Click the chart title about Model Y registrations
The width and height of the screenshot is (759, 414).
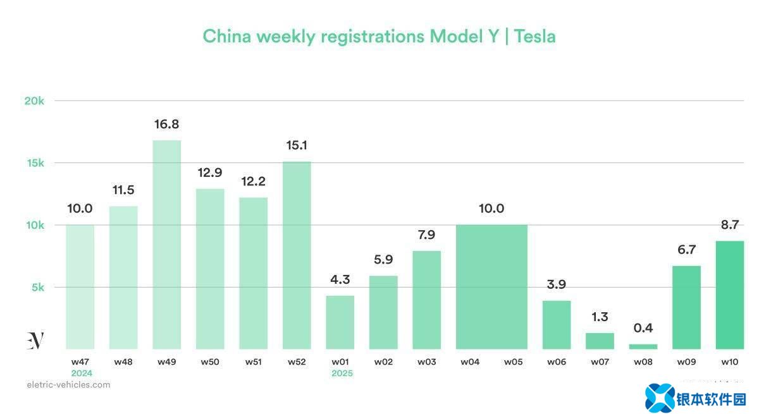[x=379, y=36]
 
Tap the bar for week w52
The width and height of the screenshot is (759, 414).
[x=297, y=255]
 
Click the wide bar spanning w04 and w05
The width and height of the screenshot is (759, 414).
[x=491, y=287]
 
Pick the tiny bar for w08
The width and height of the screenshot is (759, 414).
[x=643, y=346]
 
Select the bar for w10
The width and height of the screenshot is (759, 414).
[x=729, y=295]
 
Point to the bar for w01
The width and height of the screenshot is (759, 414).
[x=340, y=322]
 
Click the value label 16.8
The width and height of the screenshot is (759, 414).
[x=166, y=125]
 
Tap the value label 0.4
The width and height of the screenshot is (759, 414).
[x=643, y=328]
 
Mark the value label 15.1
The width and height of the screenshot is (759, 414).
[x=297, y=145]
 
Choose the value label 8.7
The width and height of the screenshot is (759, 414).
[x=729, y=224]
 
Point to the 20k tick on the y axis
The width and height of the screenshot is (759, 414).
[x=34, y=100]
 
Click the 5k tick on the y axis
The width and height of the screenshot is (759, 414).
[x=37, y=287]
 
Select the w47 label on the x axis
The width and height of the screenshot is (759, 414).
[x=80, y=362]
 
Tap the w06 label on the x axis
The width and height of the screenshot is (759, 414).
[x=557, y=362]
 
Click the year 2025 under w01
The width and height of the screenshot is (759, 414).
[x=342, y=374]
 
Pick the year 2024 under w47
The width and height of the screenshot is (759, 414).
[x=82, y=374]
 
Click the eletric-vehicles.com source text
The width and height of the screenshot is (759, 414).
[x=68, y=384]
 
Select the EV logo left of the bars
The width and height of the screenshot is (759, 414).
[x=35, y=340]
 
